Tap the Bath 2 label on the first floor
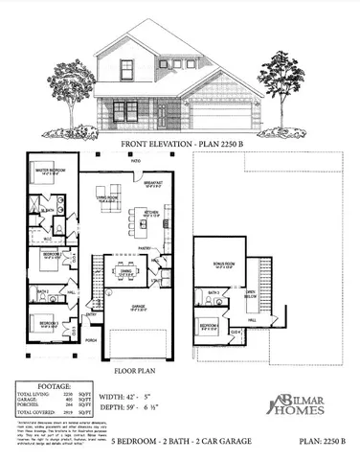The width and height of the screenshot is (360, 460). pyautogui.click(x=42, y=291)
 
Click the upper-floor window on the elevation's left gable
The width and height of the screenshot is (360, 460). pyautogui.click(x=125, y=68)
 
